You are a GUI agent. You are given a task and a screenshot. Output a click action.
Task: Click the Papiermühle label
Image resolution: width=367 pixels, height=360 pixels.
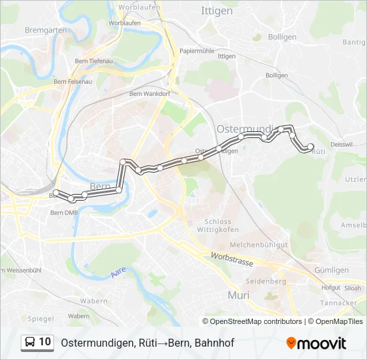196,51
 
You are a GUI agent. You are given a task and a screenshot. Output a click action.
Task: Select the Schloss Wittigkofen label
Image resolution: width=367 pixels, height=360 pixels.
218,226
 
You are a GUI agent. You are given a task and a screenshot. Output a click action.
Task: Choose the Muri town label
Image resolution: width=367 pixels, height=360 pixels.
238,295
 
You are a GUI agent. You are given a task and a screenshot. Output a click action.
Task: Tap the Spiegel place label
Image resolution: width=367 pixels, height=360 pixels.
41,319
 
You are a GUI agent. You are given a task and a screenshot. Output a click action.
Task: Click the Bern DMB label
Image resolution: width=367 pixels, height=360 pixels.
64,213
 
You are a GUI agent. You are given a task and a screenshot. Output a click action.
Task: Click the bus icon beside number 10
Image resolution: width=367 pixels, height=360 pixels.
31,342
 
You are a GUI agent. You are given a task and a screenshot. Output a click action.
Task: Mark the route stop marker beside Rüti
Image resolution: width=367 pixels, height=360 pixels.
310,147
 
